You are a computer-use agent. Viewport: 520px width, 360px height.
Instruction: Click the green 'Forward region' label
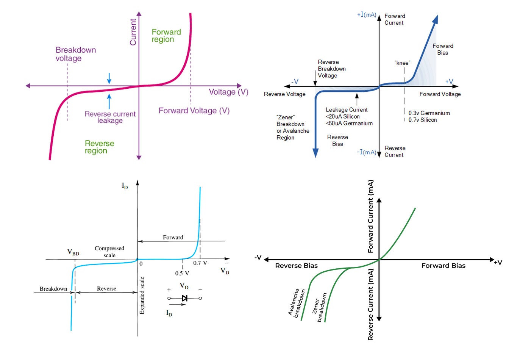click(x=166, y=36)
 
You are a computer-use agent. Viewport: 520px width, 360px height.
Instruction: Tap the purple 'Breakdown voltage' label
click(x=76, y=54)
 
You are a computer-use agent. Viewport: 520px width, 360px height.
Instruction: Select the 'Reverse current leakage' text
click(x=110, y=117)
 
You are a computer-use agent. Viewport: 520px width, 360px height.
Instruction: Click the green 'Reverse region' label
click(x=99, y=147)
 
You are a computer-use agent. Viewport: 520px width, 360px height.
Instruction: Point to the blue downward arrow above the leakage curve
click(x=109, y=78)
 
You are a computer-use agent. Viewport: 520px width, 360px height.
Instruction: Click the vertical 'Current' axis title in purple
click(x=133, y=32)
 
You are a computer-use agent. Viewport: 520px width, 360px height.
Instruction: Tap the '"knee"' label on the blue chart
click(x=403, y=63)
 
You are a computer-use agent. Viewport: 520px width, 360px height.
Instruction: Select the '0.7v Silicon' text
click(x=423, y=120)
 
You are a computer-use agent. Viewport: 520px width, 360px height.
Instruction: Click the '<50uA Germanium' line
click(x=349, y=123)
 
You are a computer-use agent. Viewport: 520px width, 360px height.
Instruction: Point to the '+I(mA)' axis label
click(x=367, y=15)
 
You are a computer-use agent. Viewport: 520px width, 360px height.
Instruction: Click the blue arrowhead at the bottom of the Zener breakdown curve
click(x=315, y=153)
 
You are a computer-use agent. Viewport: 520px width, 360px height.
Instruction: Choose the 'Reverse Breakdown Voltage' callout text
click(x=332, y=69)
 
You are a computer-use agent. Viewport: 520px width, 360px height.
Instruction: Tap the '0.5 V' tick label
click(x=182, y=273)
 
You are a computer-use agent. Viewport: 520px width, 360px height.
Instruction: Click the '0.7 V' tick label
click(x=200, y=263)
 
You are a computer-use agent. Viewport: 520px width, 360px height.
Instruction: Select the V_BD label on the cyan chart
click(x=73, y=252)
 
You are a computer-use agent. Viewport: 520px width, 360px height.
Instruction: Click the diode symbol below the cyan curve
click(x=185, y=298)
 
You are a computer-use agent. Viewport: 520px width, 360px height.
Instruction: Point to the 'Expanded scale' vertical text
click(x=142, y=296)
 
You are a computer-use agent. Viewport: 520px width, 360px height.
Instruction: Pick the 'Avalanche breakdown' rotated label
click(x=297, y=303)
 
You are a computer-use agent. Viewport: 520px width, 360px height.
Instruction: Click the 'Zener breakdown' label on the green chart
click(x=319, y=307)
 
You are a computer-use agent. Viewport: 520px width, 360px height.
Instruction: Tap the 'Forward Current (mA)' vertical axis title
click(x=370, y=216)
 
